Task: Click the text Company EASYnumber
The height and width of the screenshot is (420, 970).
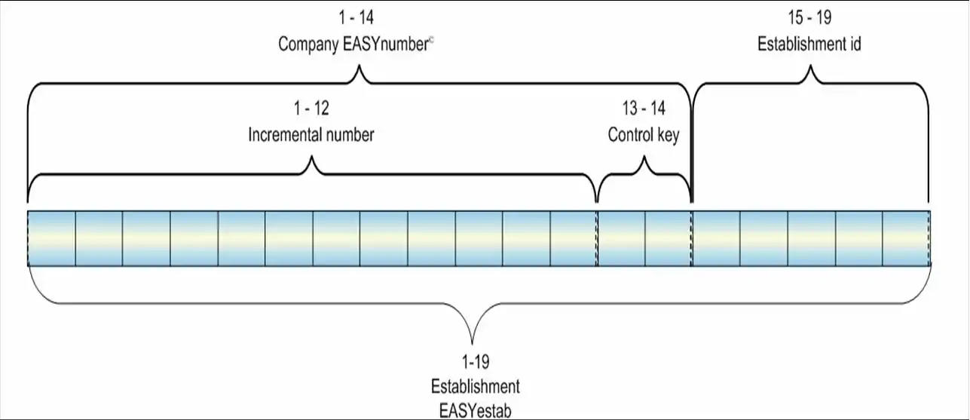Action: (352, 44)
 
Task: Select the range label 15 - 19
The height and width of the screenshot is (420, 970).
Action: (809, 17)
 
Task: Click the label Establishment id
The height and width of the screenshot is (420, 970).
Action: (809, 44)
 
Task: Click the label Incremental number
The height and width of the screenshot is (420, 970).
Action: (311, 136)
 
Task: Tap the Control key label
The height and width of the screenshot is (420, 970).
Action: (644, 136)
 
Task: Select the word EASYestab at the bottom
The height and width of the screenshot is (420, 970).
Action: (475, 411)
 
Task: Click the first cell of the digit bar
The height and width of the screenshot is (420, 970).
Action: (51, 238)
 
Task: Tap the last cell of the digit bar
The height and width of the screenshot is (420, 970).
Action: (907, 238)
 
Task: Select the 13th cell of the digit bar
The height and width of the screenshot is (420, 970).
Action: (621, 238)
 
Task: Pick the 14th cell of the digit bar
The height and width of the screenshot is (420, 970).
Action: (669, 238)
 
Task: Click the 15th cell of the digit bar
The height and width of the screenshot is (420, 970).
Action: (716, 238)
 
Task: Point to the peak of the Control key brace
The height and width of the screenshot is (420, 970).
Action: (644, 158)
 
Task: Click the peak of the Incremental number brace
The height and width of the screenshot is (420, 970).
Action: (311, 158)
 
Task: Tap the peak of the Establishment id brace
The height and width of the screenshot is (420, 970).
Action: (810, 67)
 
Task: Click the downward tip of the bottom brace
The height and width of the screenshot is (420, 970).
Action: (474, 343)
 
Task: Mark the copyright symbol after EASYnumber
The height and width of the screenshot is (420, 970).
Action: (431, 41)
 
